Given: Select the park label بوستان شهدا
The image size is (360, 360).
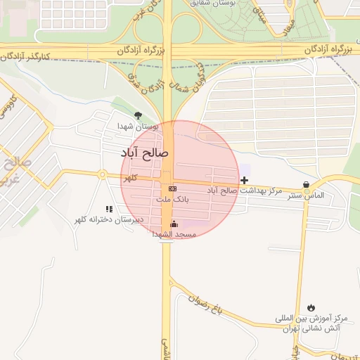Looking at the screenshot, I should [138, 126].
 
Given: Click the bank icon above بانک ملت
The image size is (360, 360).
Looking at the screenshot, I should [172, 189].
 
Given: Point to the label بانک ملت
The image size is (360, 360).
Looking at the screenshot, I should [172, 200].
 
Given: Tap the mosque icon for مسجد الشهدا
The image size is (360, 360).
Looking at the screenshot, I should [174, 224].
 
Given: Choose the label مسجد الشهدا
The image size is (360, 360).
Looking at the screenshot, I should [174, 234].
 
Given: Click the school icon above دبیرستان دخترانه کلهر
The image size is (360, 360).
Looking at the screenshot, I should [109, 209].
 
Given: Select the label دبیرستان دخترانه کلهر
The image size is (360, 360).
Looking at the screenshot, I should [109, 219].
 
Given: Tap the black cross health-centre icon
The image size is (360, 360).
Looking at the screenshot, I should [244, 181].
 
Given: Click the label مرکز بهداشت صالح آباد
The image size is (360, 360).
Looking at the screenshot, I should [244, 191].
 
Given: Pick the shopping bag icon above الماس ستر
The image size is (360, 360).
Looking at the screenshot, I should [306, 185].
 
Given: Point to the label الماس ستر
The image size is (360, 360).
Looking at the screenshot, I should [306, 195].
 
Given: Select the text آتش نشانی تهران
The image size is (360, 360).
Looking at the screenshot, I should [306, 328].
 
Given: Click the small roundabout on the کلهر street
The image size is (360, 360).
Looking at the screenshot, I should [103, 174].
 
